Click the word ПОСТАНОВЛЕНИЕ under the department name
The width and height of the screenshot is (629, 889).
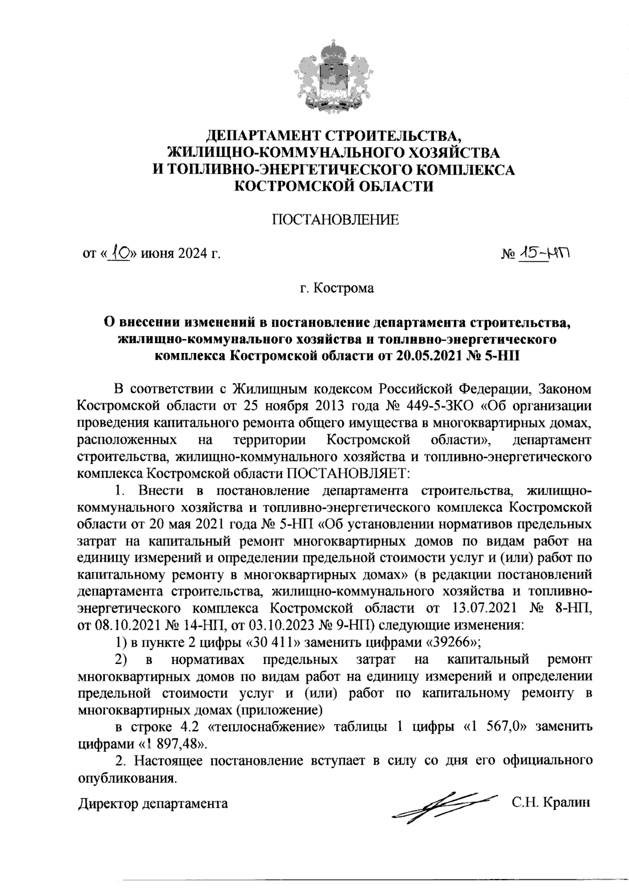(334, 220)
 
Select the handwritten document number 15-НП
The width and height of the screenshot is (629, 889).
(543, 254)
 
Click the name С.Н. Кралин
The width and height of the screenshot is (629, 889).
(551, 802)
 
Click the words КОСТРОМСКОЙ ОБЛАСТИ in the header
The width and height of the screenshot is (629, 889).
(334, 186)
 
